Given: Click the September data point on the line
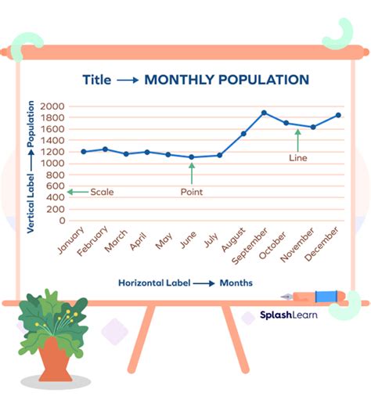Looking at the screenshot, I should click(264, 113).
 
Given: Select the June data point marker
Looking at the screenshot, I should click(192, 157).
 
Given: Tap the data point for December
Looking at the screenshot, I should click(338, 115).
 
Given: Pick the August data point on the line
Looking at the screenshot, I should click(243, 134).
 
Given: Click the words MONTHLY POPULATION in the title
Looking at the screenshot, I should click(227, 80).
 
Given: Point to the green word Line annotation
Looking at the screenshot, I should click(298, 157).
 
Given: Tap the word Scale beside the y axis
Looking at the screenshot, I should click(102, 192).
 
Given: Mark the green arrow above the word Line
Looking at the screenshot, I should click(297, 139).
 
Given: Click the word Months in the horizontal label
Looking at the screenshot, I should click(236, 283).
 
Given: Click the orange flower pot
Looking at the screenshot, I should click(54, 357).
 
